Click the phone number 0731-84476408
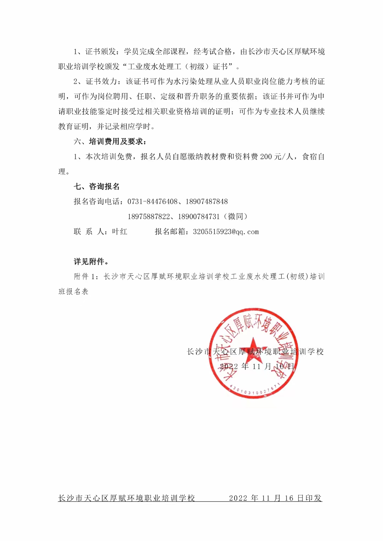(152, 202)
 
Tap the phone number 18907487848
(207, 202)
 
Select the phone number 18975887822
(149, 216)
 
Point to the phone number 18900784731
(199, 216)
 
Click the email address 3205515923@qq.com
(226, 232)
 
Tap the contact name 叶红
(120, 232)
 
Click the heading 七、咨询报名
(96, 186)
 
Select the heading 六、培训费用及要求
(110, 141)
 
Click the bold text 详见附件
(91, 261)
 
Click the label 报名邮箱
(170, 232)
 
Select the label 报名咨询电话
(97, 202)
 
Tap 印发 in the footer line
(313, 498)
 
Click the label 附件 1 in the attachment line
(84, 277)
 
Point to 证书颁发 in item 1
(101, 52)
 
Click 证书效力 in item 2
(101, 81)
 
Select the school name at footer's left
(127, 498)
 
